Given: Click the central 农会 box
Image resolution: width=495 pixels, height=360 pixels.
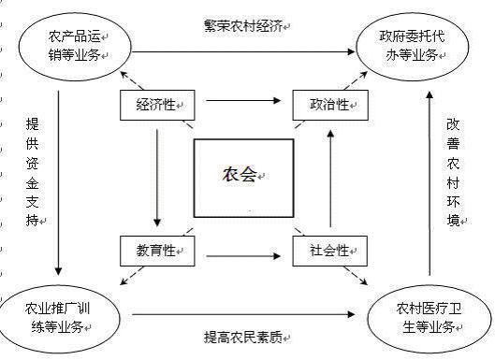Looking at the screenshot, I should [x=244, y=176].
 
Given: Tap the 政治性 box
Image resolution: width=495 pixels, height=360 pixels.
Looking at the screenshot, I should [x=327, y=104].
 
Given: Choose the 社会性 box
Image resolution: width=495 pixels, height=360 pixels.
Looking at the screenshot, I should [x=327, y=251].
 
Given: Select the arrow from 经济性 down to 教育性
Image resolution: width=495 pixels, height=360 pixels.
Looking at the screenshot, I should [x=157, y=178].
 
